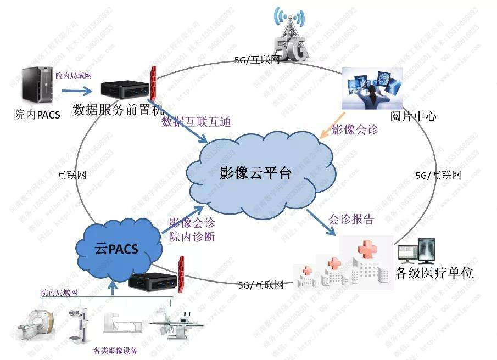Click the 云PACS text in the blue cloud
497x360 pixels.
[x=116, y=248]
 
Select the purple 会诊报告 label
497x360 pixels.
[x=351, y=220]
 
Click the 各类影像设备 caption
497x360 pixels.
[x=115, y=351]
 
